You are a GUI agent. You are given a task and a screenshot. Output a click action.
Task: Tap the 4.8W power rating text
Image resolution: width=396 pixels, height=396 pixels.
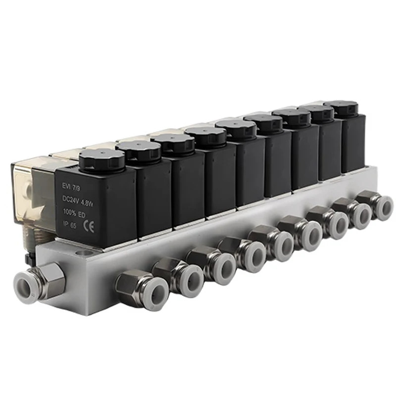[87, 203]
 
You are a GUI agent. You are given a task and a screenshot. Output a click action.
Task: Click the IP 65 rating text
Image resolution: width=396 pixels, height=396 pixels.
[69, 224]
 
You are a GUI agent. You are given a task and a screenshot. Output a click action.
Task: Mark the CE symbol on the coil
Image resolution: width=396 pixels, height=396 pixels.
[89, 227]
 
